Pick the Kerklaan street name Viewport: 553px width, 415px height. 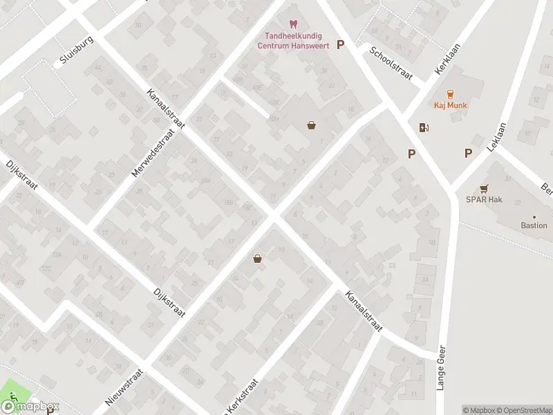pyautogui.click(x=448, y=63)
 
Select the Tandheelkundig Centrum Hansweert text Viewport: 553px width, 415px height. pyautogui.click(x=293, y=41)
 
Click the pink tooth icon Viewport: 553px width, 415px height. pyautogui.click(x=292, y=24)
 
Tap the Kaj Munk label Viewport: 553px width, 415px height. pyautogui.click(x=451, y=106)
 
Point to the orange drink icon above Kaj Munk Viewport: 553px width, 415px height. pyautogui.click(x=451, y=93)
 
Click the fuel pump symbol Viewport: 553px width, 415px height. pyautogui.click(x=424, y=127)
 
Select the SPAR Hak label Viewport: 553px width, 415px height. pyautogui.click(x=484, y=200)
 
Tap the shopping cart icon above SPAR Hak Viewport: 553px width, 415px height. pyautogui.click(x=484, y=187)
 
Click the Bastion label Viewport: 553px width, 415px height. pyautogui.click(x=534, y=225)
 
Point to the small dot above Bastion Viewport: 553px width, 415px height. pyautogui.click(x=534, y=216)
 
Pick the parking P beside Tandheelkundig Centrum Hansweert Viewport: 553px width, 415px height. pyautogui.click(x=339, y=45)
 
